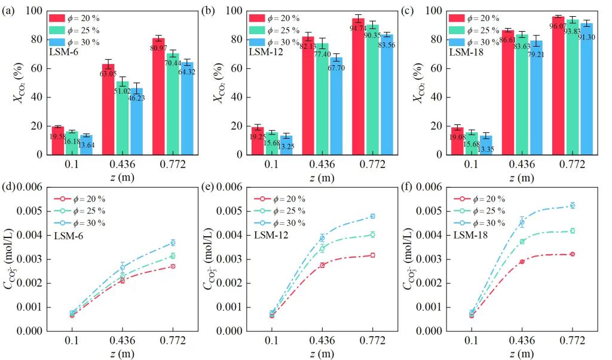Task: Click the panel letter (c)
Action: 409,10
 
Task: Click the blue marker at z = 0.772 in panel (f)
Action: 572,205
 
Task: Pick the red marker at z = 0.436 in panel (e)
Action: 322,265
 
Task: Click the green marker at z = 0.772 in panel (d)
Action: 173,256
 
